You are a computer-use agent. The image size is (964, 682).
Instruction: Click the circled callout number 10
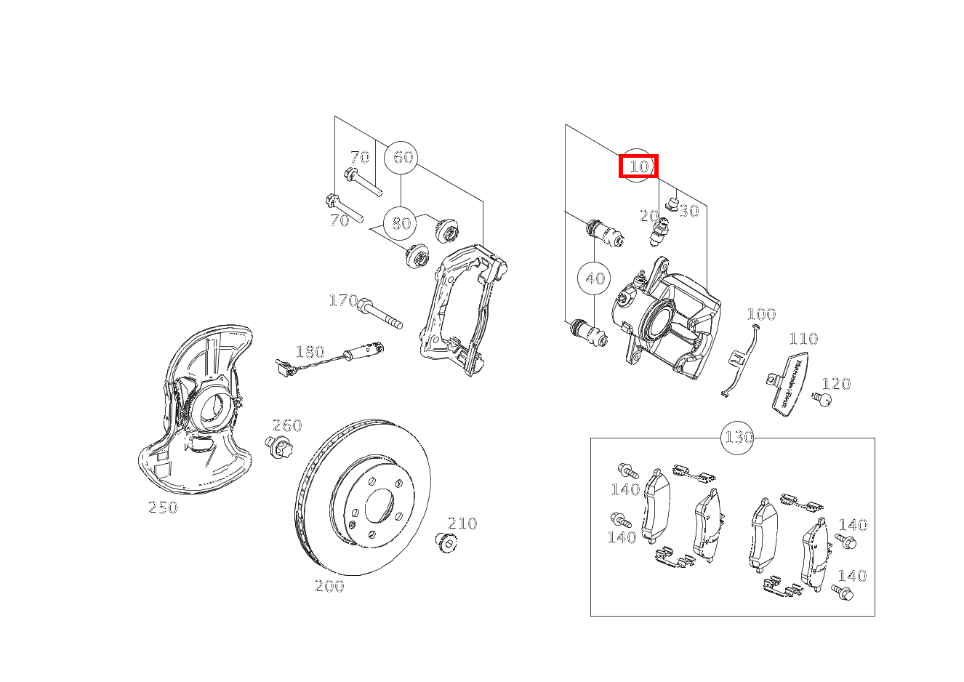click(638, 167)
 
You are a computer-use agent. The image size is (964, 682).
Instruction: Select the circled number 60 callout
click(402, 157)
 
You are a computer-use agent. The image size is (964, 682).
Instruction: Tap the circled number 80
click(401, 222)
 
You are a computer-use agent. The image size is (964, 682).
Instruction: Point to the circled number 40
click(594, 278)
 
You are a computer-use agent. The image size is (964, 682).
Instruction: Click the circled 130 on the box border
click(737, 438)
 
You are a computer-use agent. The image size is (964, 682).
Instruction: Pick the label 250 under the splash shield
click(163, 508)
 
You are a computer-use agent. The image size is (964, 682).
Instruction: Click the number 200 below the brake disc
click(329, 586)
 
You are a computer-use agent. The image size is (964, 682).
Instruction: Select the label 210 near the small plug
click(462, 523)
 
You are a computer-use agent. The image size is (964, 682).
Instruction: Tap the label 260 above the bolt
click(286, 425)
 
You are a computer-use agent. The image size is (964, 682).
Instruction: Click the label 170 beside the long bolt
click(343, 300)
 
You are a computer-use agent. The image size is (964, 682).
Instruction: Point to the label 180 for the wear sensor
click(310, 352)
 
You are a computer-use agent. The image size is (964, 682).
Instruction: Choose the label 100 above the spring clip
click(761, 314)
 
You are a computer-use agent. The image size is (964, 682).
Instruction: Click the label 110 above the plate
click(803, 339)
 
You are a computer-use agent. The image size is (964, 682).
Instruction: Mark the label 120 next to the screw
click(836, 384)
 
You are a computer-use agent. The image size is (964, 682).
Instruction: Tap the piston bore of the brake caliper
click(656, 321)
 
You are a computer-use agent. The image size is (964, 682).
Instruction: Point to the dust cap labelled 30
click(672, 203)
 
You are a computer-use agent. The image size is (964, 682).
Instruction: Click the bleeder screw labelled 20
click(661, 231)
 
